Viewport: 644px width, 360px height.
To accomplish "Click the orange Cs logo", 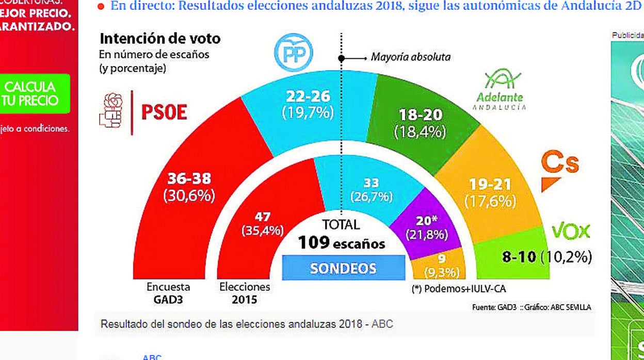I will pyautogui.click(x=560, y=170).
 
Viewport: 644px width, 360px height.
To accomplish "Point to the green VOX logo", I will pyautogui.click(x=571, y=232).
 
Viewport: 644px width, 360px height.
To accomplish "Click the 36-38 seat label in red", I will pyautogui.click(x=189, y=186).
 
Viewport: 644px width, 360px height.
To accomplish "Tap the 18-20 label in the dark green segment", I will pyautogui.click(x=419, y=123).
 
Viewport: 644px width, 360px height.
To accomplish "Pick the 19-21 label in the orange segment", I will pyautogui.click(x=490, y=192).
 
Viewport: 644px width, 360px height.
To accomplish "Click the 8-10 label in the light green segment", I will pyautogui.click(x=520, y=256).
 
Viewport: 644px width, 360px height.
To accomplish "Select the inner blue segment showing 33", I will pyautogui.click(x=371, y=189).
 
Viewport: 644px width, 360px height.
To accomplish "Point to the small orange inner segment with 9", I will pyautogui.click(x=441, y=265).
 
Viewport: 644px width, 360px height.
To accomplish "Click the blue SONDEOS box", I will pyautogui.click(x=343, y=268).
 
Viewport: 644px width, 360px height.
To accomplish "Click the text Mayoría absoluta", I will pyautogui.click(x=410, y=57).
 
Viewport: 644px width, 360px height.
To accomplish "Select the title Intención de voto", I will pyautogui.click(x=160, y=39).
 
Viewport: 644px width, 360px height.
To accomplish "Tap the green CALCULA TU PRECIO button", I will pyautogui.click(x=36, y=94).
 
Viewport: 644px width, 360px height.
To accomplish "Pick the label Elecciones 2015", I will pyautogui.click(x=244, y=293).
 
